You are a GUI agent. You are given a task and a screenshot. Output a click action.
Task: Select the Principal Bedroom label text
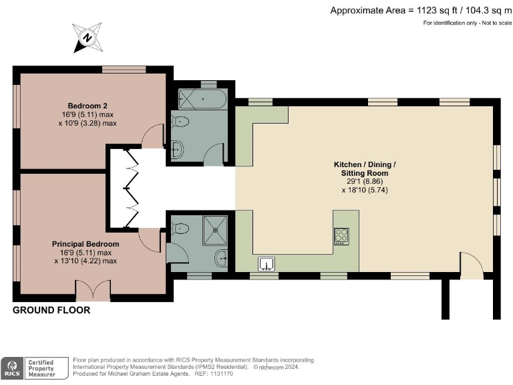[85, 244]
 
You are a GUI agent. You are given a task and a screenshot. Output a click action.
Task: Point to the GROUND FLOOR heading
[51, 310]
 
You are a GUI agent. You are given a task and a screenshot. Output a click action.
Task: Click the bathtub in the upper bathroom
[203, 101]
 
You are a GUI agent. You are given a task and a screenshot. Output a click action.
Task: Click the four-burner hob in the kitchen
[341, 235]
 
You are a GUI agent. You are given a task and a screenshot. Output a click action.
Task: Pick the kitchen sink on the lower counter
[267, 264]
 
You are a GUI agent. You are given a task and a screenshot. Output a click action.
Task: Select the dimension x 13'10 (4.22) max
[85, 261]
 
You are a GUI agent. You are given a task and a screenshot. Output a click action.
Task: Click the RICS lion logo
[11, 367]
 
